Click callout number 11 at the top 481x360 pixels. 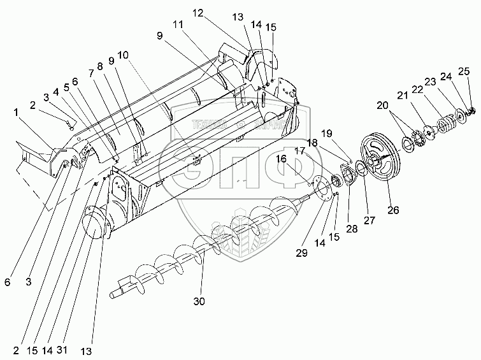point(176,24)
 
